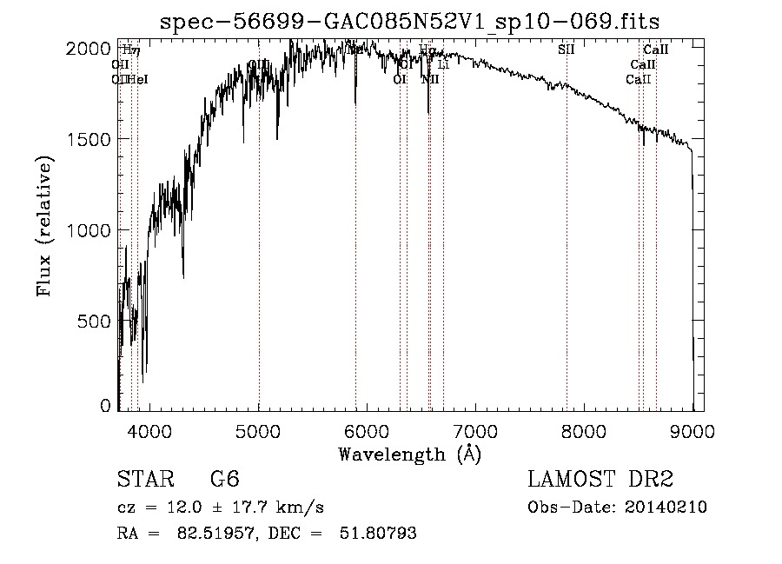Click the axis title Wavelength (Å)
(x=409, y=454)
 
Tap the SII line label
(x=567, y=50)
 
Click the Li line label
(x=443, y=64)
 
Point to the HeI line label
(x=138, y=79)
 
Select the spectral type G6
(x=224, y=480)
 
